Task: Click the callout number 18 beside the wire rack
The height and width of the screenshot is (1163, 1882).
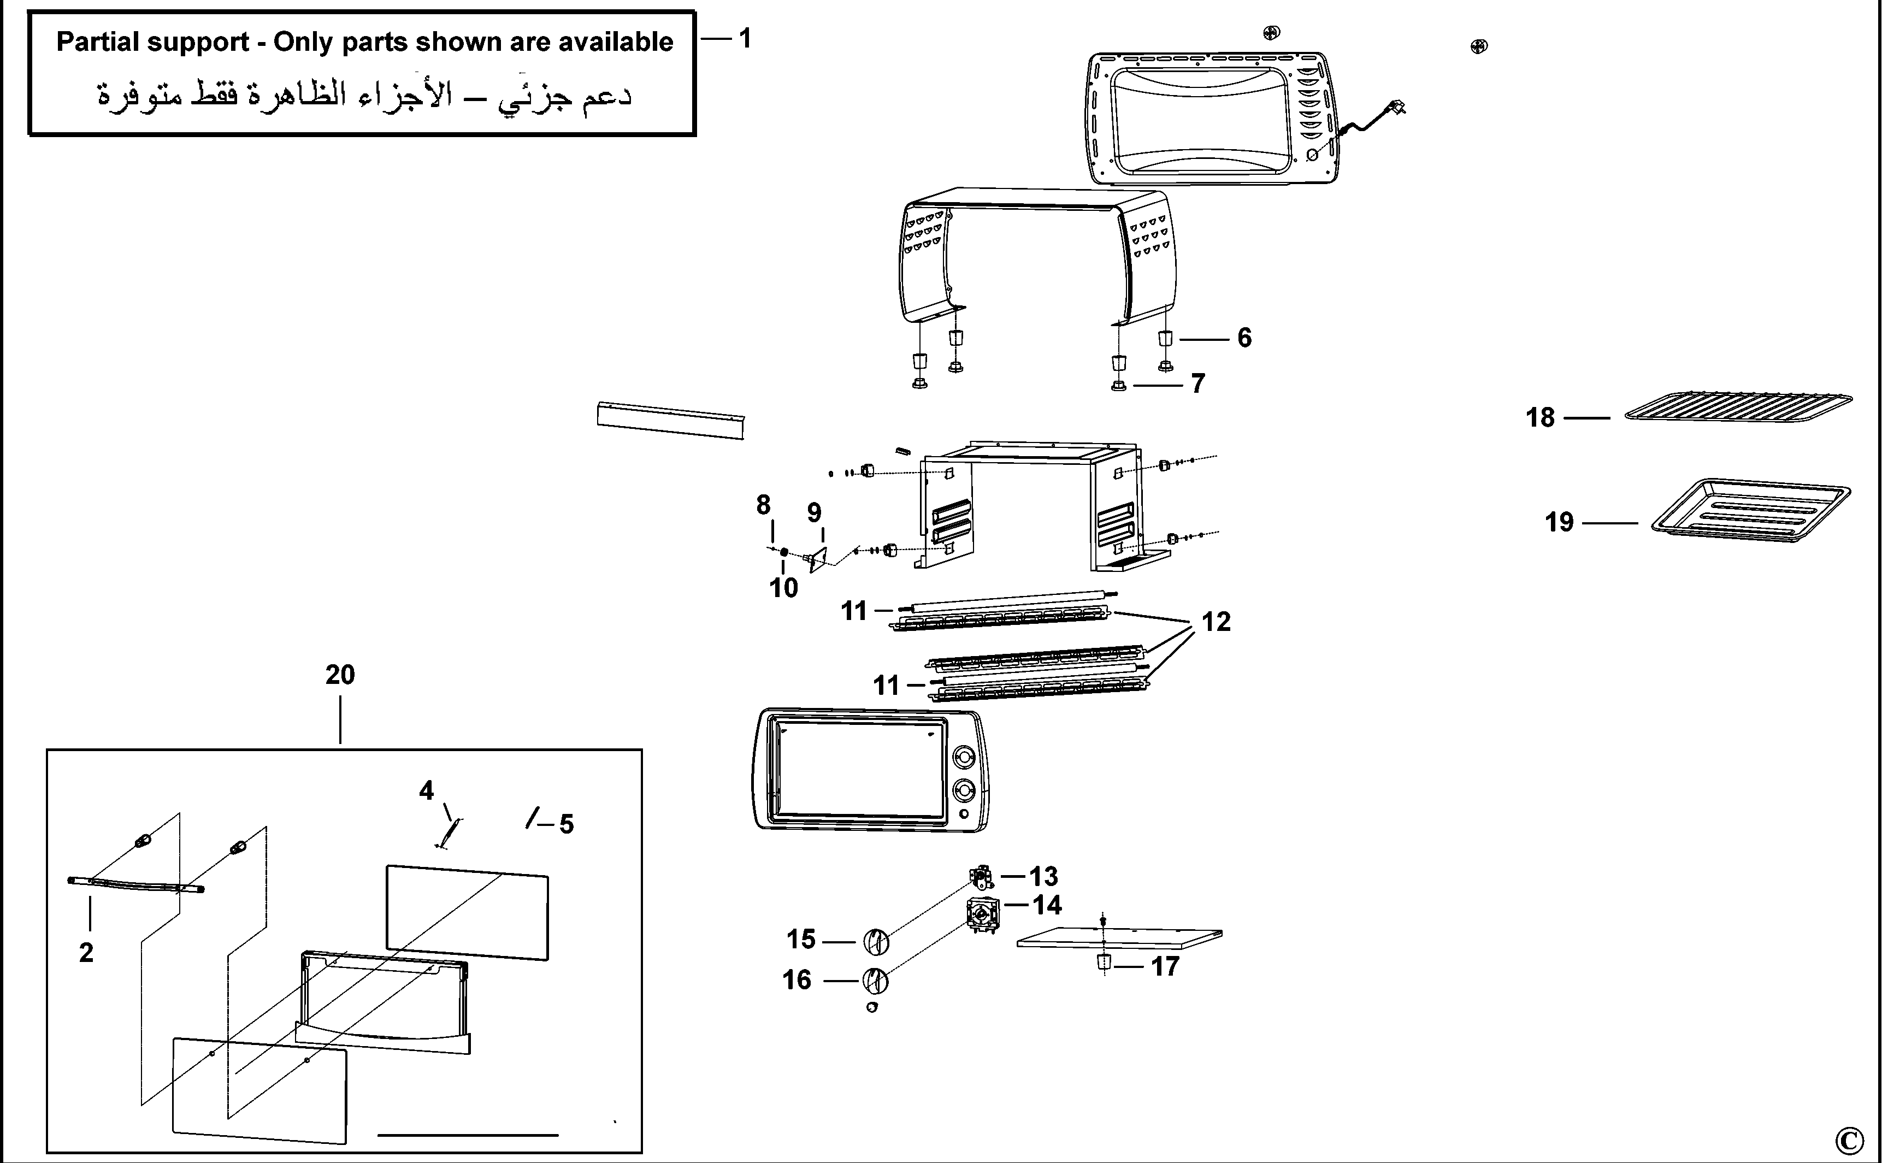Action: pyautogui.click(x=1540, y=418)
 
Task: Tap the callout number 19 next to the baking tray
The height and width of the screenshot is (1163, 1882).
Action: pyautogui.click(x=1559, y=522)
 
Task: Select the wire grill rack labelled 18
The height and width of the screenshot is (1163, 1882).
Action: pyautogui.click(x=1738, y=405)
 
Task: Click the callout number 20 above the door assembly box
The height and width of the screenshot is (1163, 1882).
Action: pyautogui.click(x=340, y=675)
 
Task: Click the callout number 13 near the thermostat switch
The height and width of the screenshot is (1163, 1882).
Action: pyautogui.click(x=1043, y=876)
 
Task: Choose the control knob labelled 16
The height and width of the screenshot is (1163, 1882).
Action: pyautogui.click(x=875, y=981)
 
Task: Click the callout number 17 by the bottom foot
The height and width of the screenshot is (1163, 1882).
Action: pyautogui.click(x=1164, y=966)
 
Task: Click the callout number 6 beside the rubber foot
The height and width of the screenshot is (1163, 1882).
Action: pyautogui.click(x=1243, y=338)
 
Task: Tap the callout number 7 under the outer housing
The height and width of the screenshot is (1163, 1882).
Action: pyautogui.click(x=1197, y=383)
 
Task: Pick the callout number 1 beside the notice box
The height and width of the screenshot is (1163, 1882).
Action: pyautogui.click(x=745, y=38)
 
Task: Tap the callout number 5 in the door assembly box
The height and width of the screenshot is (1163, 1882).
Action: pyautogui.click(x=566, y=824)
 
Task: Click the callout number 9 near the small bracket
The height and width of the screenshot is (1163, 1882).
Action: pyautogui.click(x=814, y=513)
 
